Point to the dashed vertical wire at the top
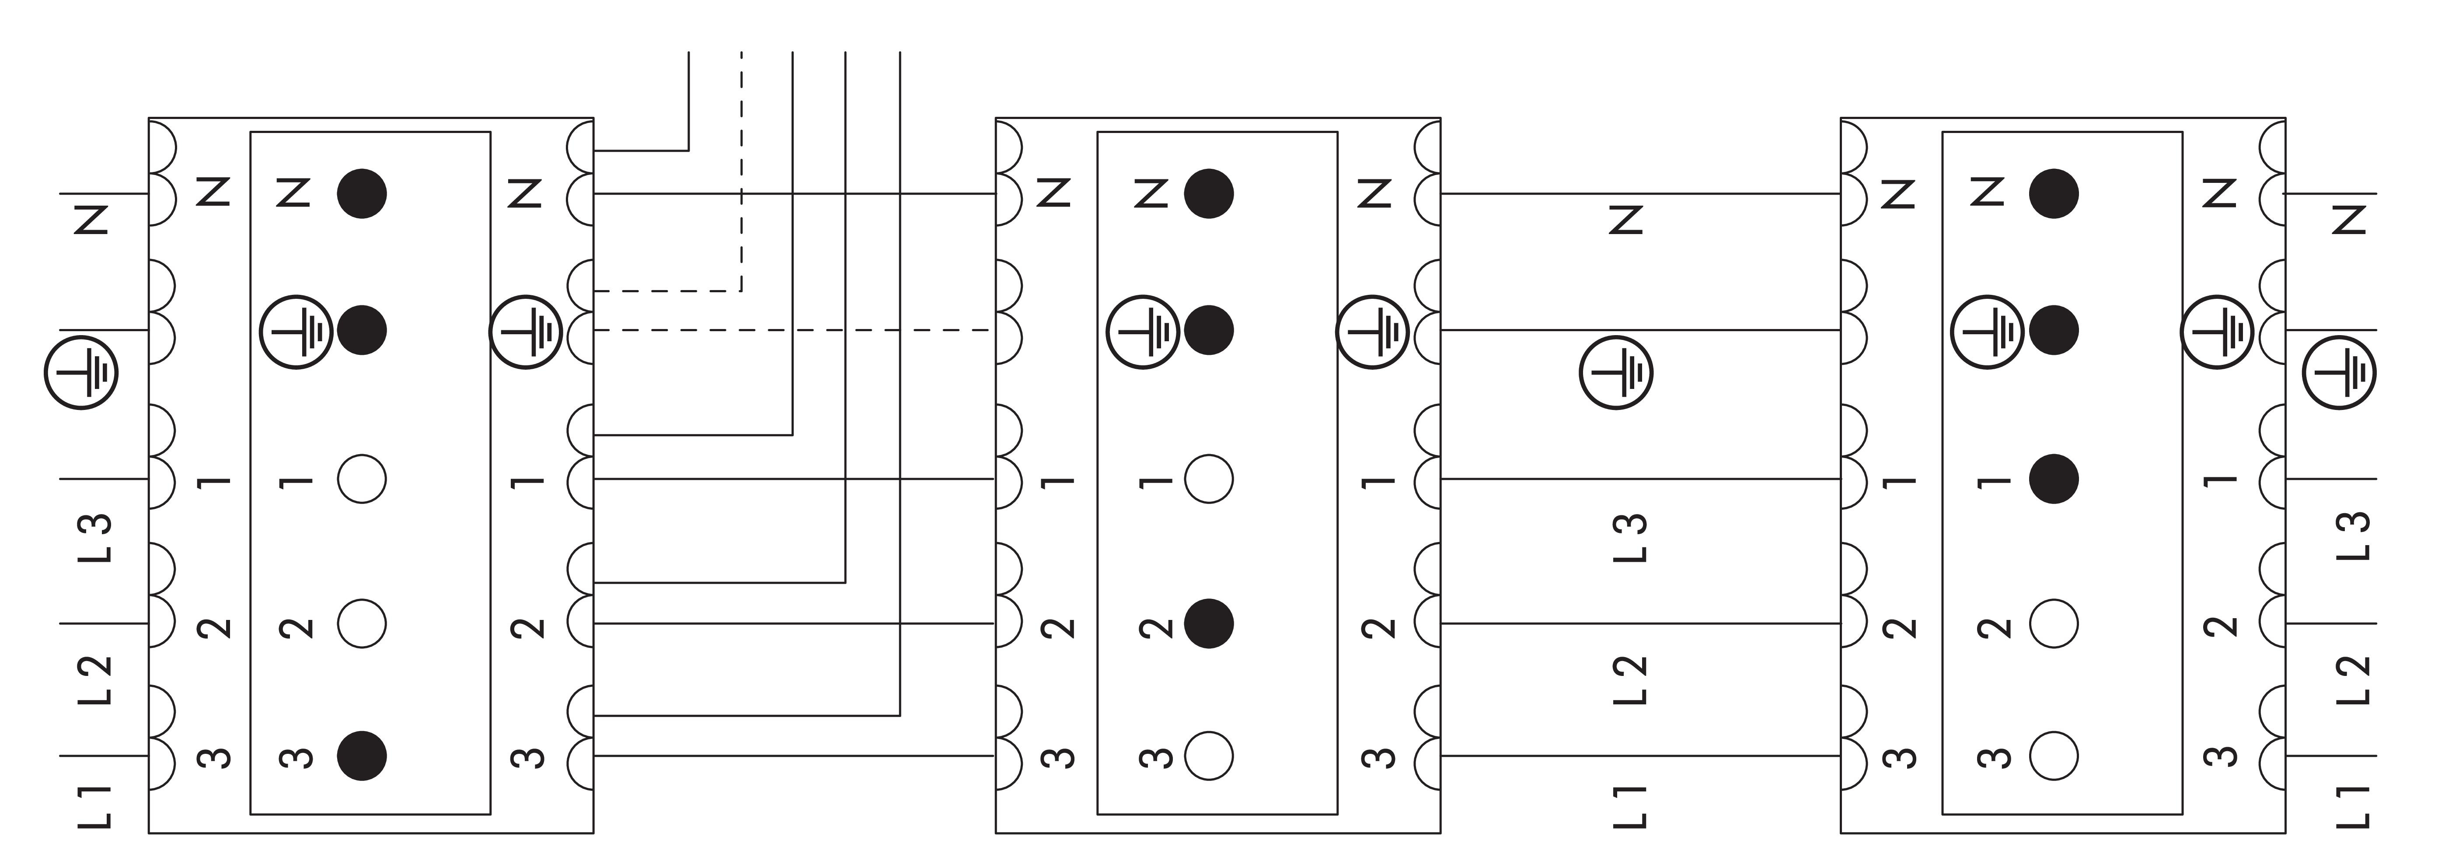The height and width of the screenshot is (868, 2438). tap(741, 170)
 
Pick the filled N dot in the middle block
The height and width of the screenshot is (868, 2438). tap(1209, 193)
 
